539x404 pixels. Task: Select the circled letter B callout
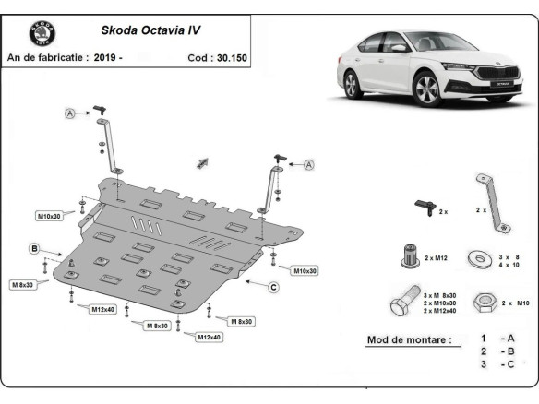point(33,249)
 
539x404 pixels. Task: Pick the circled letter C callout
point(273,287)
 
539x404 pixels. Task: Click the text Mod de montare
point(409,339)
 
